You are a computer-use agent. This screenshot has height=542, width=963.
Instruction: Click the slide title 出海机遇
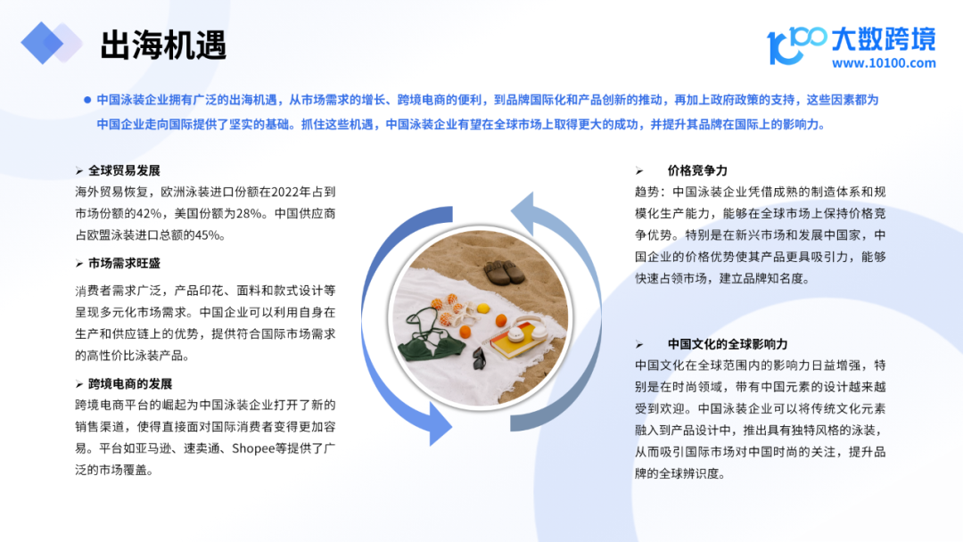pos(163,45)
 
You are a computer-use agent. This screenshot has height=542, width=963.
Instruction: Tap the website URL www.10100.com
pos(884,62)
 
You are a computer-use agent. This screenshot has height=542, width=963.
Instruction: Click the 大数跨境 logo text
pos(884,38)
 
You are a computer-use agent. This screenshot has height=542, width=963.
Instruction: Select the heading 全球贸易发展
pos(124,170)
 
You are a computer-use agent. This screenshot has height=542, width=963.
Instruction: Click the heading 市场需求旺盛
pos(124,263)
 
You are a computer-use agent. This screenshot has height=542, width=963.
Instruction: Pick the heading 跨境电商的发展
pos(130,384)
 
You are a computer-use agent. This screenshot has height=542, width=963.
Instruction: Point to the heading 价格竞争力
pos(697,170)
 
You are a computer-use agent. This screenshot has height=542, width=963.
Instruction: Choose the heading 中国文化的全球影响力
pos(728,344)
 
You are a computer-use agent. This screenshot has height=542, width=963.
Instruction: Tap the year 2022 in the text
pos(285,193)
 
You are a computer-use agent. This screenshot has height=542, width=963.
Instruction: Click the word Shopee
pos(253,448)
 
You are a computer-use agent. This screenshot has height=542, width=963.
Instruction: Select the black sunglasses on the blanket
pos(479,357)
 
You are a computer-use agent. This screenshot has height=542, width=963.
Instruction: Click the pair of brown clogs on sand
pos(504,272)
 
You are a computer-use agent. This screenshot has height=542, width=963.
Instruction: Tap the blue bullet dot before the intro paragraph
pos(87,100)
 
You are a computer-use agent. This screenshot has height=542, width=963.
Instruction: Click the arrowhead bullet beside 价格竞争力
pos(639,171)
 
